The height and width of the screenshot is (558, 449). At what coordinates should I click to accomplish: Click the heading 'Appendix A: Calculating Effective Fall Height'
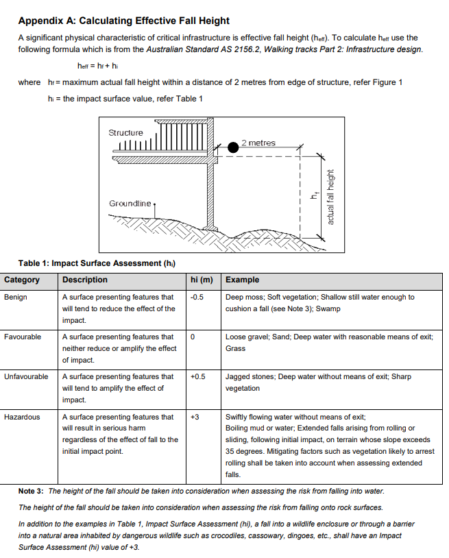pyautogui.click(x=123, y=21)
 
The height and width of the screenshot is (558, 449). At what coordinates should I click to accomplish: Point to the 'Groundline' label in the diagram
pyautogui.click(x=130, y=204)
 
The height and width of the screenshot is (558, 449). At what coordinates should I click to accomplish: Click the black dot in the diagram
pyautogui.click(x=234, y=146)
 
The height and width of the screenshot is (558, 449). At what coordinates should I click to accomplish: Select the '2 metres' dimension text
pyautogui.click(x=258, y=143)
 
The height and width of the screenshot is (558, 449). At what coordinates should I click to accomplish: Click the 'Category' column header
pyautogui.click(x=22, y=280)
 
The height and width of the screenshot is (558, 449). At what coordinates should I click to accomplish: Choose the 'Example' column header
pyautogui.click(x=242, y=280)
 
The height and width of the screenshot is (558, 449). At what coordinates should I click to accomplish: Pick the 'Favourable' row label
pyautogui.click(x=22, y=337)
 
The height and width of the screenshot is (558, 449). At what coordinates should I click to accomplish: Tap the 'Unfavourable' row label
pyautogui.click(x=26, y=377)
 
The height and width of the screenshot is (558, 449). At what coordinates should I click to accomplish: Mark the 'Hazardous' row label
pyautogui.click(x=22, y=417)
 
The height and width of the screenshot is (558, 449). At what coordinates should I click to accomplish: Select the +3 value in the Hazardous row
pyautogui.click(x=195, y=417)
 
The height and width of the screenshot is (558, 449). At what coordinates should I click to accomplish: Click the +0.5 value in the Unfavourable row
pyautogui.click(x=198, y=377)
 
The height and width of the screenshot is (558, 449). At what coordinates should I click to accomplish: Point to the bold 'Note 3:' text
pyautogui.click(x=32, y=492)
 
